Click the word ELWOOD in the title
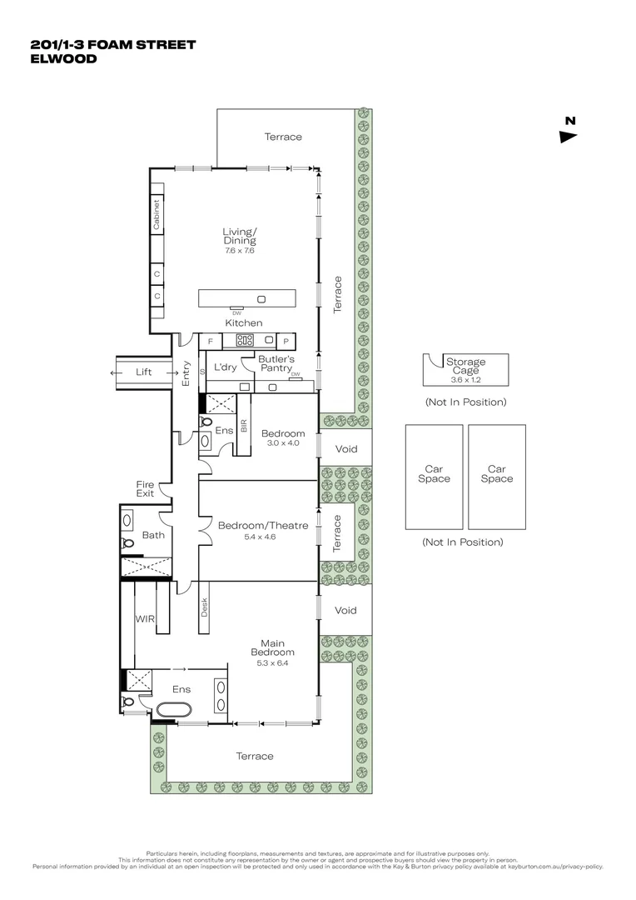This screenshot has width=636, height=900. click(x=63, y=59)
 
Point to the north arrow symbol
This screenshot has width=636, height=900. click(x=569, y=137)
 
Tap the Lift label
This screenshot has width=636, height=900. click(x=144, y=372)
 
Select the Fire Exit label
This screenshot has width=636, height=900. click(x=146, y=489)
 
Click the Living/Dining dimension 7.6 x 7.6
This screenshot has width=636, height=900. click(x=239, y=250)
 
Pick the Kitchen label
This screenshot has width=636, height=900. click(x=243, y=322)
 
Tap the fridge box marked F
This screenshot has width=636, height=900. click(x=210, y=341)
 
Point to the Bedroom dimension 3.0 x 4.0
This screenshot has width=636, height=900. click(x=283, y=443)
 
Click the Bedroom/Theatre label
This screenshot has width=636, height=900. click(x=263, y=525)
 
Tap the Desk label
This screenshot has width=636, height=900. click(x=204, y=607)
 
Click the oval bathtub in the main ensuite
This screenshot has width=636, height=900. click(x=173, y=710)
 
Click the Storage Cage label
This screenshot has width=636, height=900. click(x=465, y=367)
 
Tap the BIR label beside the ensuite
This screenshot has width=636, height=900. click(x=243, y=424)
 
